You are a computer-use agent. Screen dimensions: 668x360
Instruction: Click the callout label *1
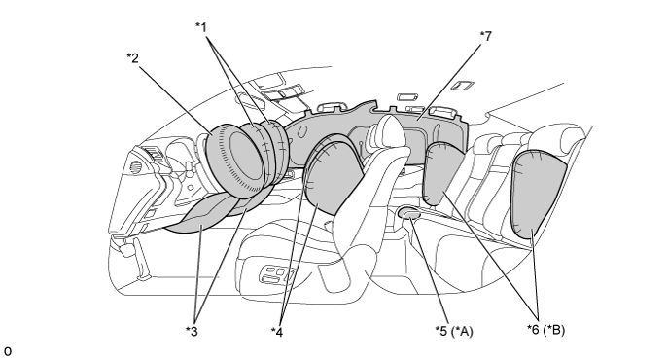click(201, 27)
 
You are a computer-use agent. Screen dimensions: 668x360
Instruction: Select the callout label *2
click(133, 58)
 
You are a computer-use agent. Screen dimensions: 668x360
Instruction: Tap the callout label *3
click(192, 331)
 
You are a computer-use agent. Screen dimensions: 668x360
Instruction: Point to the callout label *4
click(277, 332)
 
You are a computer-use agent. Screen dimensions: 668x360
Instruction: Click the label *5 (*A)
click(454, 331)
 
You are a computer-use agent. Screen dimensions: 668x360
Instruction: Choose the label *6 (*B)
click(545, 330)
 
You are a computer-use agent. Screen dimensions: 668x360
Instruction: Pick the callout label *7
click(485, 36)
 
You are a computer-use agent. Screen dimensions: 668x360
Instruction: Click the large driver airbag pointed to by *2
click(233, 160)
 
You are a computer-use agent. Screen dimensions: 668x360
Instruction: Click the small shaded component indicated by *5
click(409, 213)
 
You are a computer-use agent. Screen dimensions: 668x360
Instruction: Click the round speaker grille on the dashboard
click(135, 166)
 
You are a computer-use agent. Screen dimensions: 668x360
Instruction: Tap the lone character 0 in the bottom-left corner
click(8, 351)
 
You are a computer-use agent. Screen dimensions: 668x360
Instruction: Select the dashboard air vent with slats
click(154, 154)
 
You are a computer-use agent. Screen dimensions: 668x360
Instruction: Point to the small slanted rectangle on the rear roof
click(462, 86)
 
